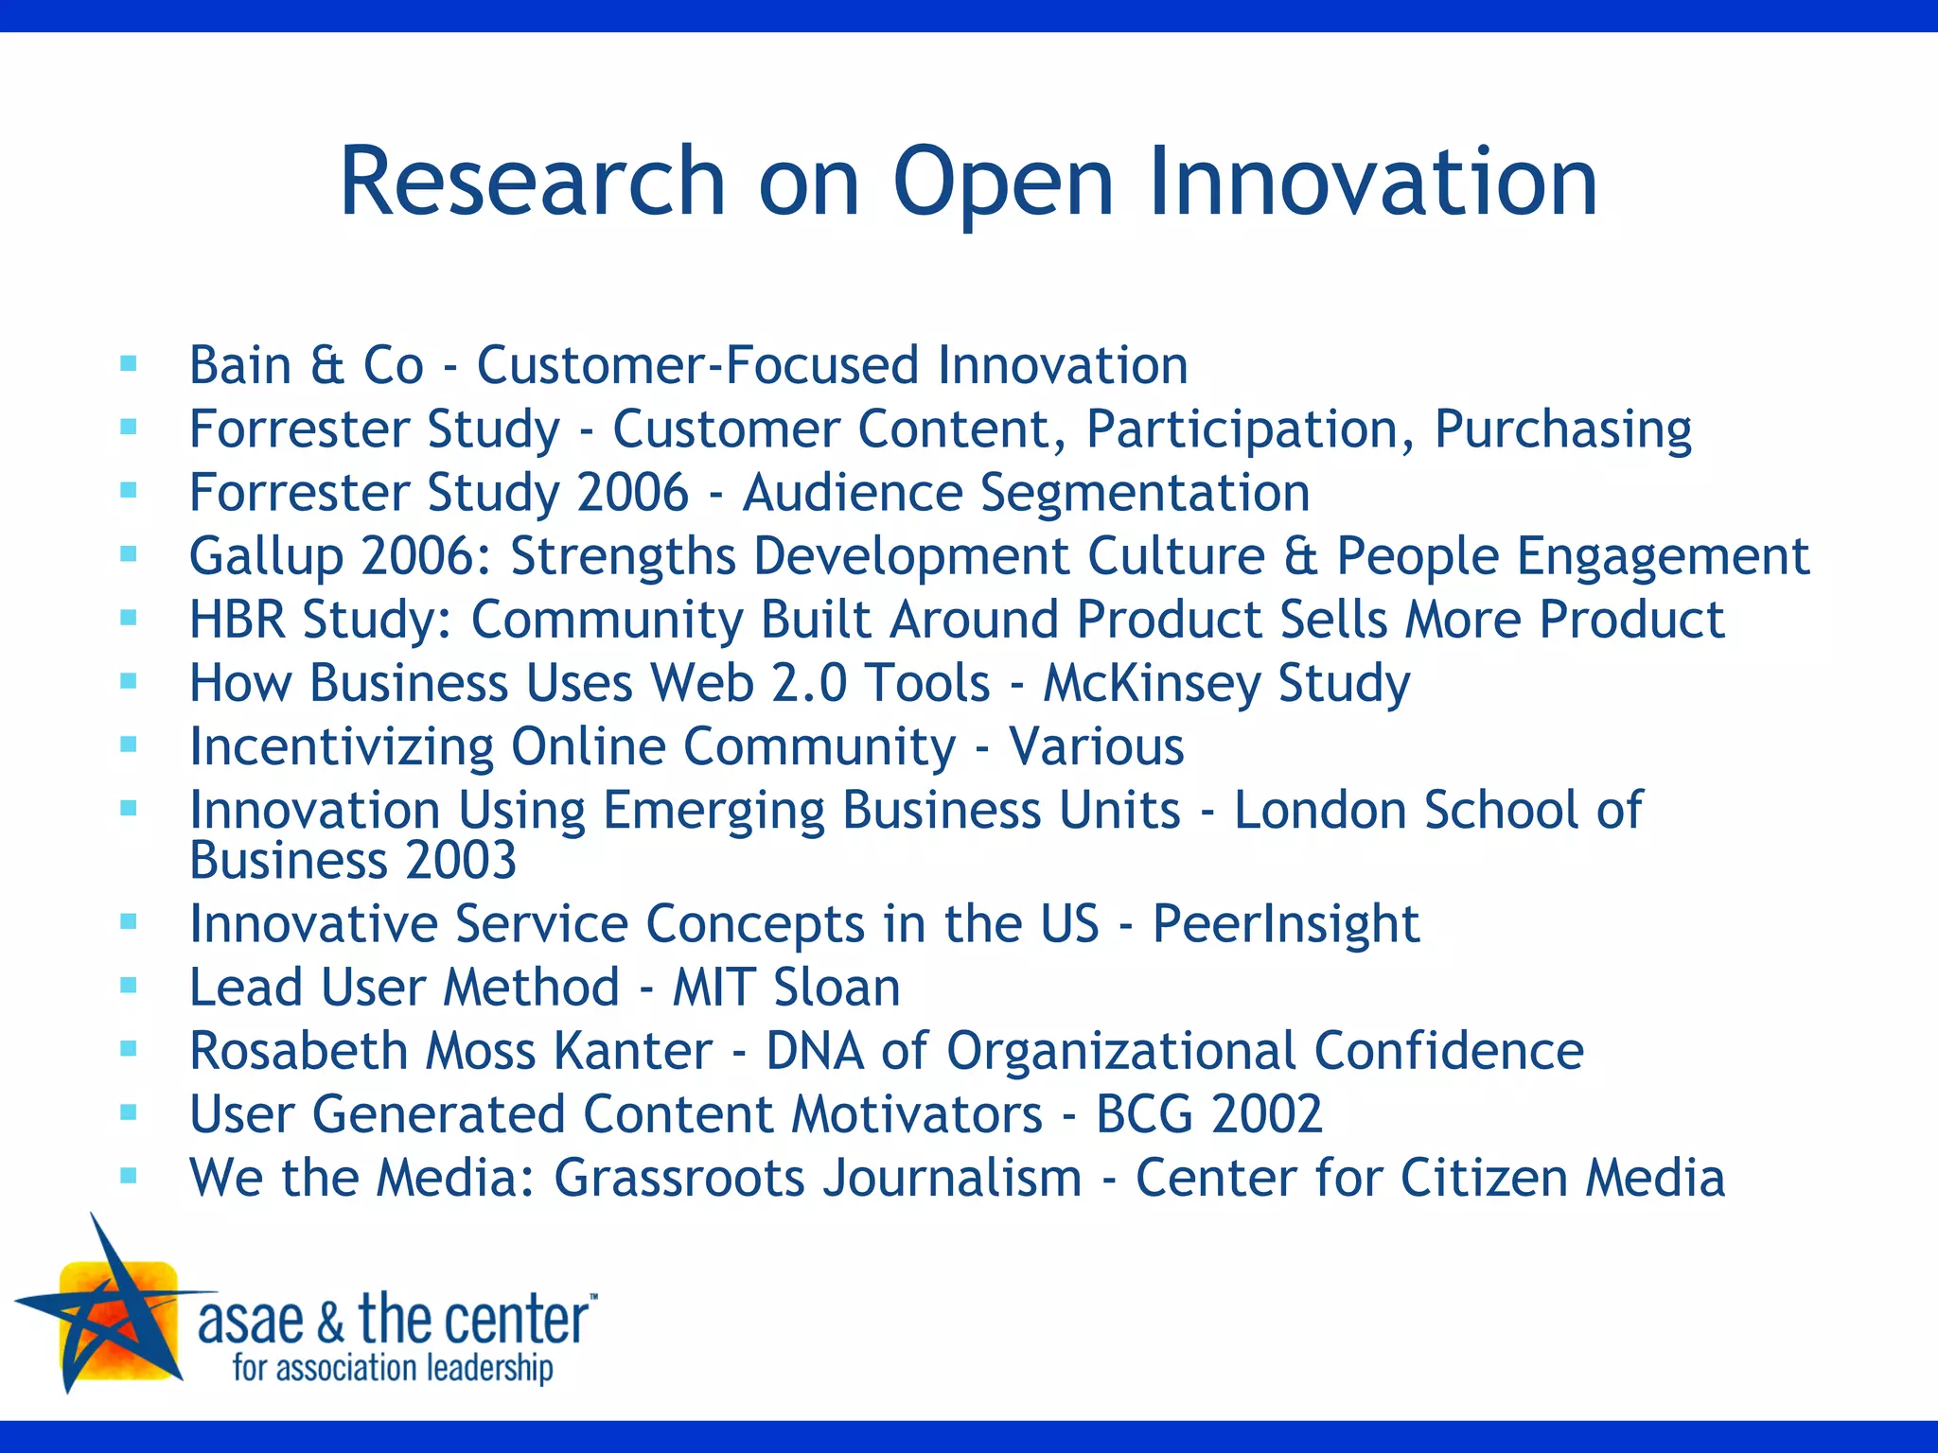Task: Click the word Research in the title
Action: click(532, 182)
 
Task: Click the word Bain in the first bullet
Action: click(240, 365)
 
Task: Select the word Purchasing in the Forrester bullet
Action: click(1562, 429)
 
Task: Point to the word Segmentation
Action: click(1144, 493)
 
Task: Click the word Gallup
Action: click(266, 557)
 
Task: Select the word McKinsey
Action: click(1151, 683)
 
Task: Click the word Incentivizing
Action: click(341, 747)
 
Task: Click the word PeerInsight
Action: click(1285, 924)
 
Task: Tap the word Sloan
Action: click(837, 988)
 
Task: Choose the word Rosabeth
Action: click(298, 1051)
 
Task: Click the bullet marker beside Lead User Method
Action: click(130, 986)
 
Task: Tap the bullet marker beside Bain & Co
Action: click(130, 363)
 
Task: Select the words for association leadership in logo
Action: click(393, 1368)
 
